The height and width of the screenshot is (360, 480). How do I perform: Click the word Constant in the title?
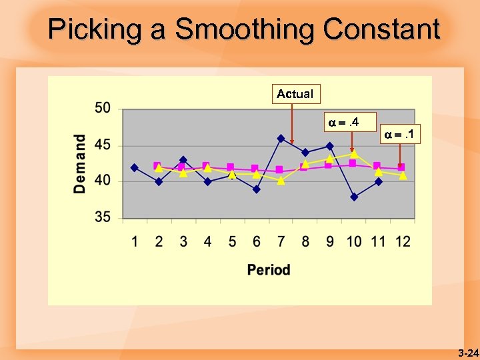(381, 30)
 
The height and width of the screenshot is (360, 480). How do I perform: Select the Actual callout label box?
(295, 94)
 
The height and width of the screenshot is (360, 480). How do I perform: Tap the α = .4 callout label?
(344, 122)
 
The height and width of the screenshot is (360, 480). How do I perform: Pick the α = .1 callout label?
(401, 135)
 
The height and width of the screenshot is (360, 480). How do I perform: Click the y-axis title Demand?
(80, 164)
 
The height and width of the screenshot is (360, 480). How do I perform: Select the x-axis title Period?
(269, 270)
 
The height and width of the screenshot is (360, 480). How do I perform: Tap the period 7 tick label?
(281, 241)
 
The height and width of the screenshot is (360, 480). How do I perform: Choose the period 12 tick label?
(403, 241)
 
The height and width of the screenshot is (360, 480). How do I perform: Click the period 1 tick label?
(135, 241)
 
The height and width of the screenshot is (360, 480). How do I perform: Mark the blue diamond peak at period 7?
(281, 139)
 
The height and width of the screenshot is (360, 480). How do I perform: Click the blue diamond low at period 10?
(354, 197)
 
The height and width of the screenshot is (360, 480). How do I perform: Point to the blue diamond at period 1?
(135, 167)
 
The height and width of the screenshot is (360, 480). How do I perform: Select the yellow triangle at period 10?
(354, 153)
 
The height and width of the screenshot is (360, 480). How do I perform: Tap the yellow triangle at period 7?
(281, 180)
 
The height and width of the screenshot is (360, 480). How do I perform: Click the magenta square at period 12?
(401, 167)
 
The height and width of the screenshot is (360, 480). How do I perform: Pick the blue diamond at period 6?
(256, 189)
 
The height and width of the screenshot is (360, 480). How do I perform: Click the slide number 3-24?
(469, 353)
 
